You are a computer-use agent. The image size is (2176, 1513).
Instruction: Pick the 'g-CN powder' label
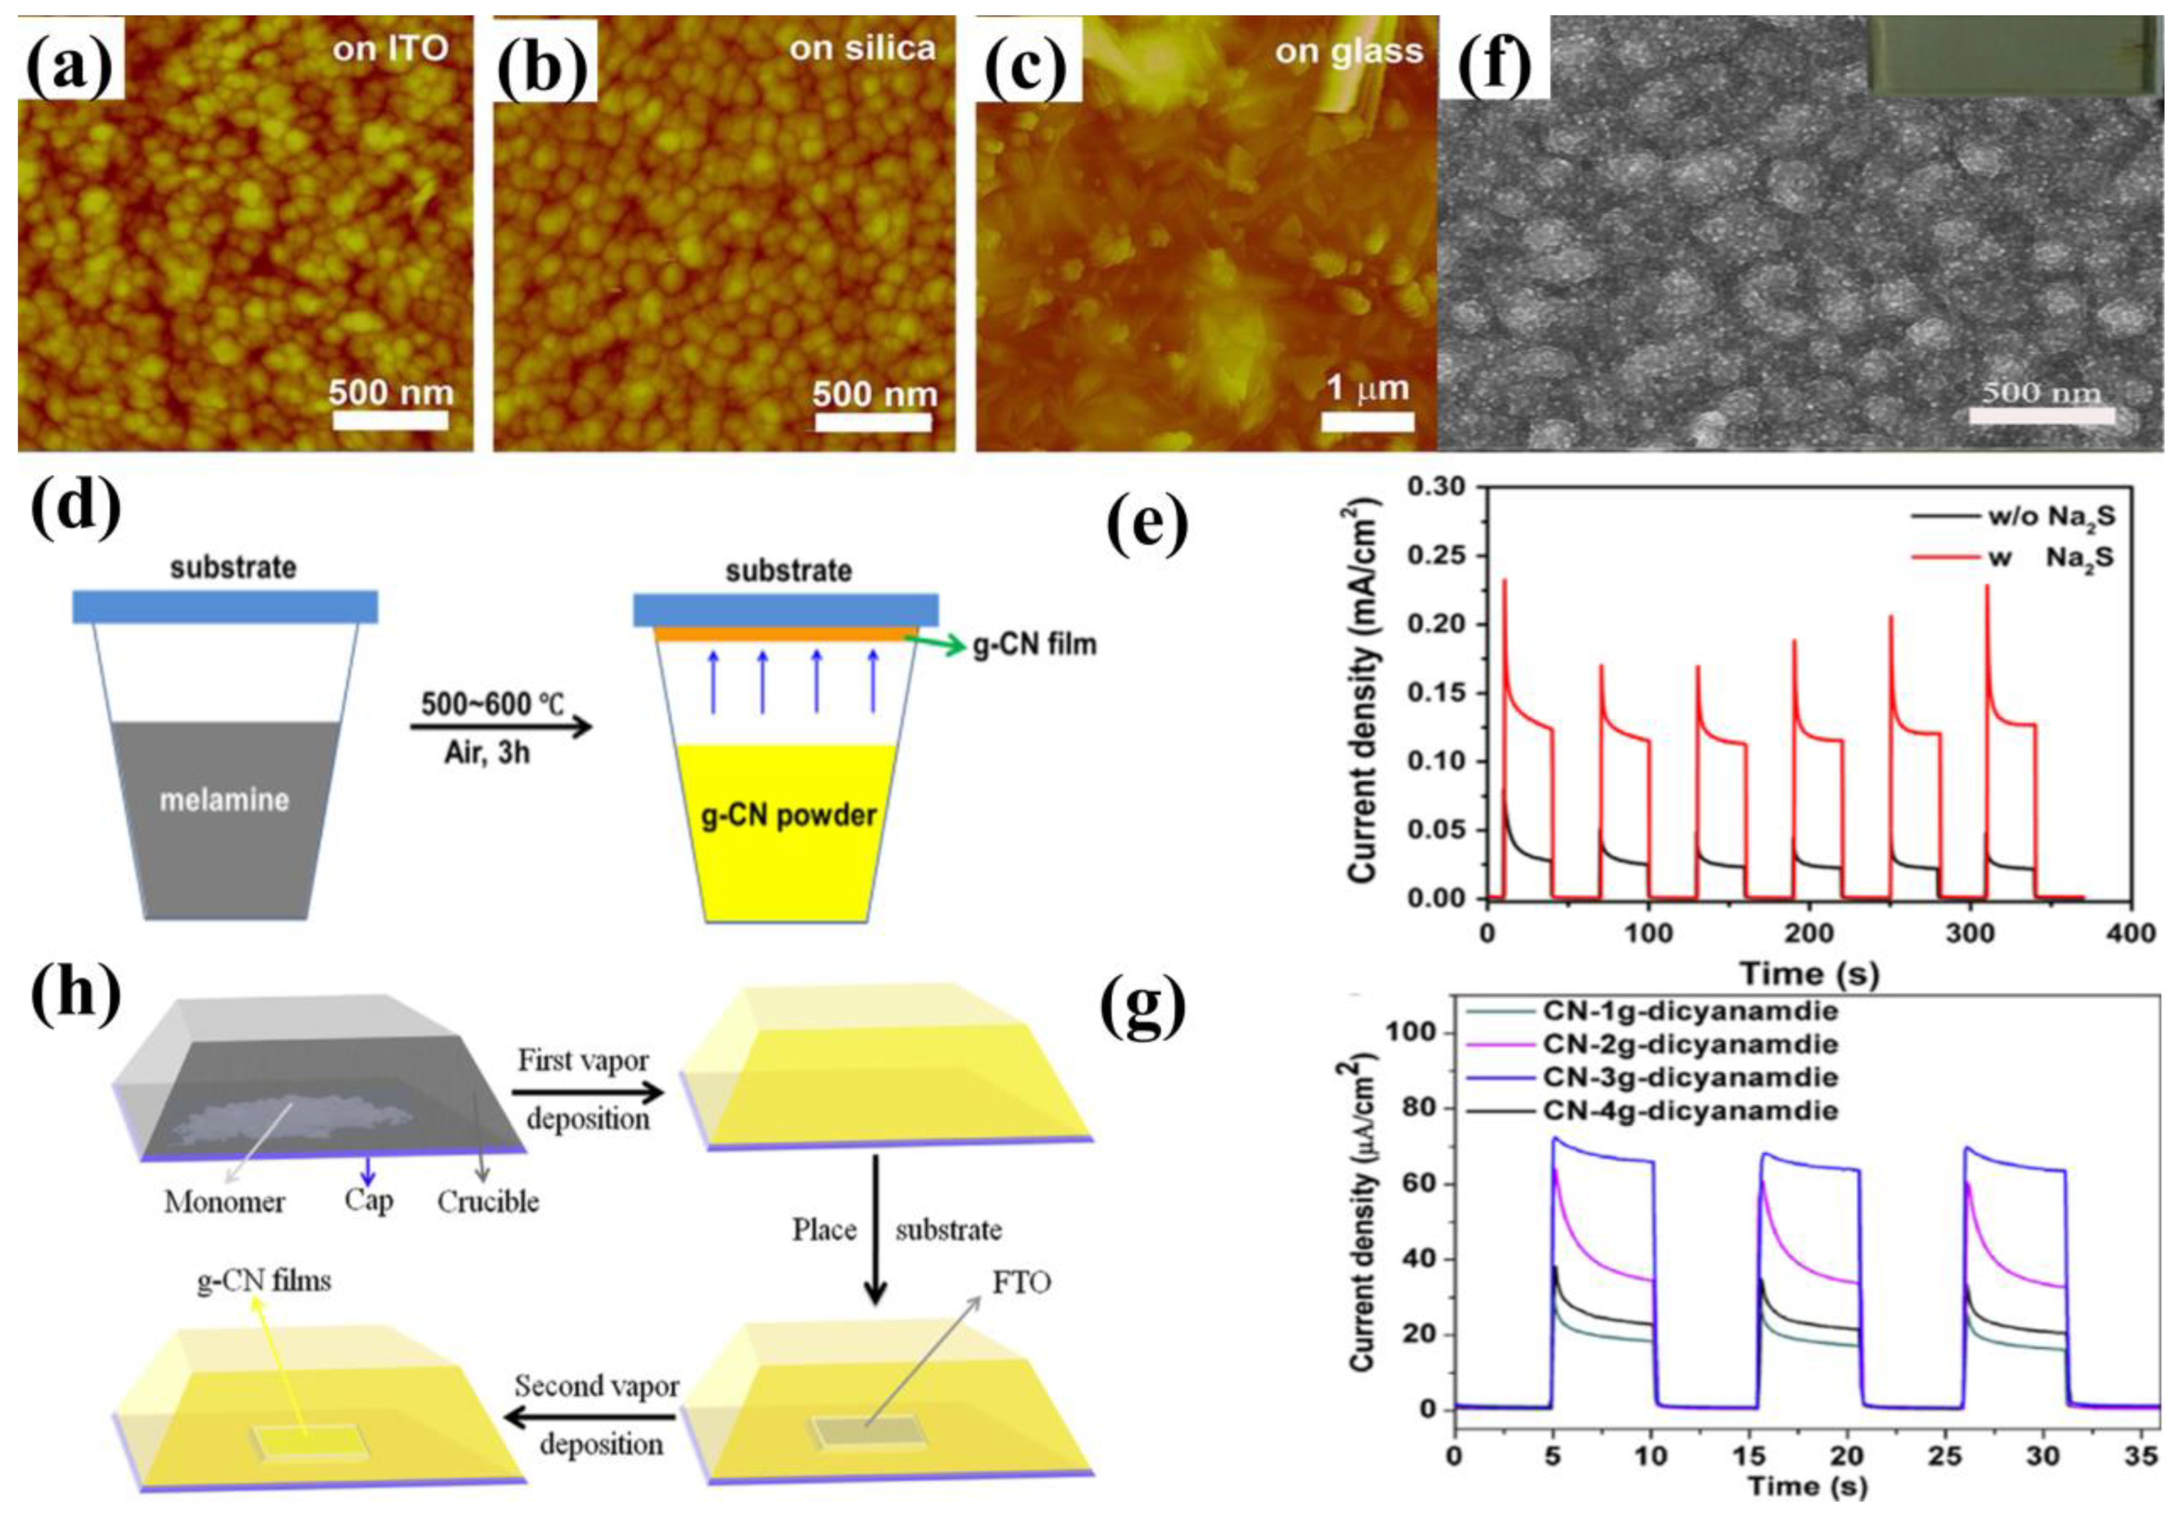788,815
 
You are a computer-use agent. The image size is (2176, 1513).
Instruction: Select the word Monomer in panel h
224,1203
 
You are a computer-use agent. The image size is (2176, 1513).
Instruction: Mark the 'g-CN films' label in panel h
265,1282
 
